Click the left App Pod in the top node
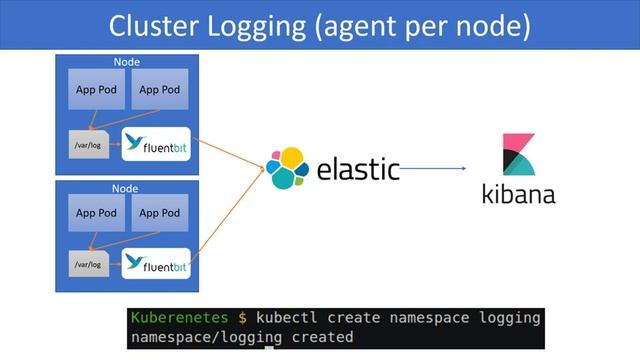tap(96, 90)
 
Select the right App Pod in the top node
tap(160, 90)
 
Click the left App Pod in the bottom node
tap(96, 213)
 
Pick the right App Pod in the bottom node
tap(160, 213)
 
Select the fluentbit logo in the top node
tap(155, 144)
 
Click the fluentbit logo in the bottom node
tap(155, 265)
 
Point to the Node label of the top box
tap(126, 62)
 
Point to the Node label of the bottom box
tap(126, 187)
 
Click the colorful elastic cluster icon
tap(288, 168)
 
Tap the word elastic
tap(358, 169)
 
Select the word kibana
tap(518, 193)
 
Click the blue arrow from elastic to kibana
tap(440, 169)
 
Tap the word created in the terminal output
tap(322, 337)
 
